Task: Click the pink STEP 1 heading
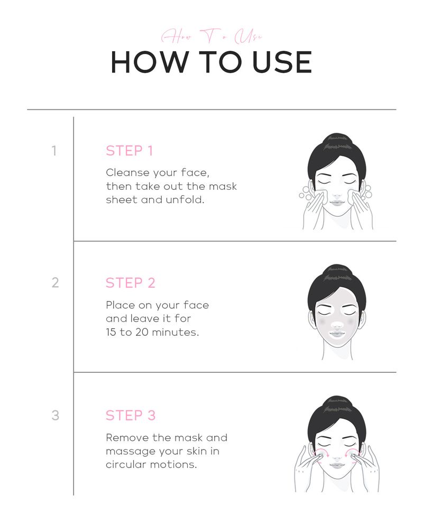click(x=129, y=151)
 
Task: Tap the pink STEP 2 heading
click(x=130, y=283)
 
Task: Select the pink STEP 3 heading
click(x=131, y=416)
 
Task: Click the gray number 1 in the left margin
click(x=54, y=151)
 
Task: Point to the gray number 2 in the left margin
click(x=55, y=283)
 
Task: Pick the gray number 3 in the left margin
click(x=55, y=416)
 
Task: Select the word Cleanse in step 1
click(x=125, y=173)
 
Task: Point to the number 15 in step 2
click(x=111, y=333)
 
